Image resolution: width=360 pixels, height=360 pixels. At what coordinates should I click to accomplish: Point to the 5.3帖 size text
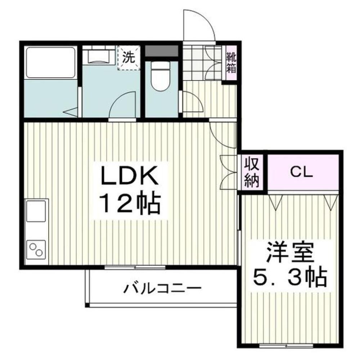pos(290,277)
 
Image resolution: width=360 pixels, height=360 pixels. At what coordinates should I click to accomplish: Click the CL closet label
pos(302,173)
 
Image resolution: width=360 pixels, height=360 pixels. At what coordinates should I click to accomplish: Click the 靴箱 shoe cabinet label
pos(231,63)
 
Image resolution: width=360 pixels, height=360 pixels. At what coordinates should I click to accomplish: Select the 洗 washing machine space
pos(129,58)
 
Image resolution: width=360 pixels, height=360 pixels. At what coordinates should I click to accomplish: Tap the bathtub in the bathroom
pos(50,62)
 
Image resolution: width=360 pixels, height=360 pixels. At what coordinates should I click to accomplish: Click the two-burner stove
pos(36,249)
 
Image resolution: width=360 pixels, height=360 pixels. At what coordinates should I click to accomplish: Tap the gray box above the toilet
pos(162,51)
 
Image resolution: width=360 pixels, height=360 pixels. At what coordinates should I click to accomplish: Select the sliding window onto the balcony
pos(135,267)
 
